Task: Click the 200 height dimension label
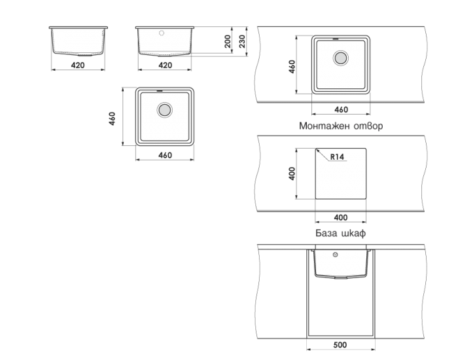click(x=228, y=41)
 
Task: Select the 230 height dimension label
click(x=242, y=41)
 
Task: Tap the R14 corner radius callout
click(x=337, y=157)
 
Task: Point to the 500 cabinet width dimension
click(x=340, y=345)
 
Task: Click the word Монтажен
click(x=325, y=126)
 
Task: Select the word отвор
click(x=368, y=126)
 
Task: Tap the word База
click(x=326, y=233)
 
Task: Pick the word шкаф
click(x=353, y=233)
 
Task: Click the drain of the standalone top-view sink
click(x=164, y=110)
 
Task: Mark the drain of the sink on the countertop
click(x=341, y=58)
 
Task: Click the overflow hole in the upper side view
click(x=162, y=33)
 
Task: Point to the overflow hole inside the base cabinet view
click(x=336, y=255)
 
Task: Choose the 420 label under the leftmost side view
click(x=78, y=65)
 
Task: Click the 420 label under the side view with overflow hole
click(x=165, y=65)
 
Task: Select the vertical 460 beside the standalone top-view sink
click(x=112, y=118)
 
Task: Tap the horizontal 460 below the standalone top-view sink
click(x=165, y=156)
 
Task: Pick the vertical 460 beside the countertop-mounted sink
click(x=292, y=67)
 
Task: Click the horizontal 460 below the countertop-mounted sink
click(x=341, y=109)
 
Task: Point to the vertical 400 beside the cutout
click(x=292, y=173)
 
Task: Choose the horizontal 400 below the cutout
click(x=341, y=218)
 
